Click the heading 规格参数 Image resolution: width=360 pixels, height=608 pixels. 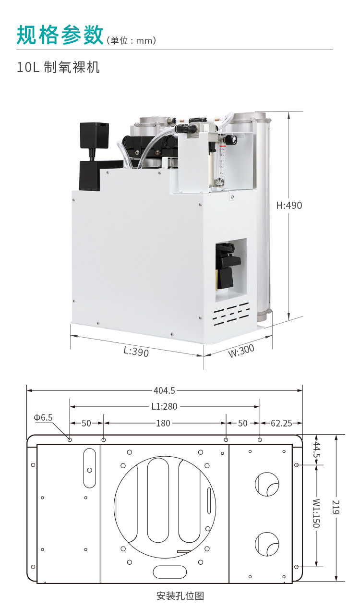[60, 35]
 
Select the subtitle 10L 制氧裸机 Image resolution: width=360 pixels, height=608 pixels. [59, 67]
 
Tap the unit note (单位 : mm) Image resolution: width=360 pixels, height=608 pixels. [132, 40]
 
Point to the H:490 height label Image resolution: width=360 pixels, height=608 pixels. [289, 206]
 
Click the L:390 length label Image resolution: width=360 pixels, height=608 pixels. [136, 352]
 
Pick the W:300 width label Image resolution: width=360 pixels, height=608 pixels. [241, 351]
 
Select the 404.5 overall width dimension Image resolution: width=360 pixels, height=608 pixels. [164, 390]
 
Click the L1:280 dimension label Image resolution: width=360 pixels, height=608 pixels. [164, 406]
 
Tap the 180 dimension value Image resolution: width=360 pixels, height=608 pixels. [163, 423]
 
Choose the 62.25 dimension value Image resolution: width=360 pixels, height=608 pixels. [281, 423]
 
